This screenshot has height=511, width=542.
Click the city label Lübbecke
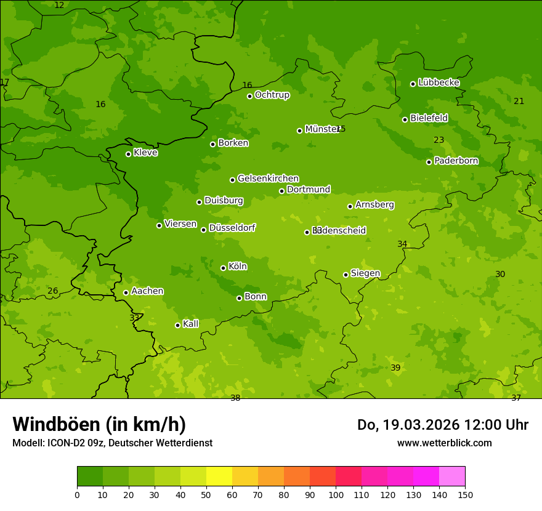(439, 82)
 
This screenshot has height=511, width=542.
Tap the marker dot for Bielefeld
(405, 119)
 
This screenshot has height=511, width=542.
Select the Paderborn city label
(456, 161)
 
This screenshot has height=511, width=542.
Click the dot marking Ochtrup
(249, 96)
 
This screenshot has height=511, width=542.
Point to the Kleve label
(145, 153)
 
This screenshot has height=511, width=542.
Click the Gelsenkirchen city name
(268, 179)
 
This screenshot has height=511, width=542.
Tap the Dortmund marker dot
(282, 191)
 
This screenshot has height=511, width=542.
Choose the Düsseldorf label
(232, 228)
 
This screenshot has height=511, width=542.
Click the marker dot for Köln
(223, 268)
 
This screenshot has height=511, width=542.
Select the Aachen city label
(147, 291)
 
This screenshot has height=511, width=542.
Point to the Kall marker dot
(177, 325)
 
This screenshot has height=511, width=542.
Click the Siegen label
(365, 273)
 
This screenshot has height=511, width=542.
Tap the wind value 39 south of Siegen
(395, 368)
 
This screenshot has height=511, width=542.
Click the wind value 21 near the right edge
(519, 101)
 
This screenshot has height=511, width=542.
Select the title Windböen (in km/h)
(99, 424)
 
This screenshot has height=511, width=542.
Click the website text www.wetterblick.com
(444, 443)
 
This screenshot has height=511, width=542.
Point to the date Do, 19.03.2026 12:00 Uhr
(442, 425)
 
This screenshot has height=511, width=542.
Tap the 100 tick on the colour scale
(336, 494)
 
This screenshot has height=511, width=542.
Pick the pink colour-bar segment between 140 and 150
(452, 477)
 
